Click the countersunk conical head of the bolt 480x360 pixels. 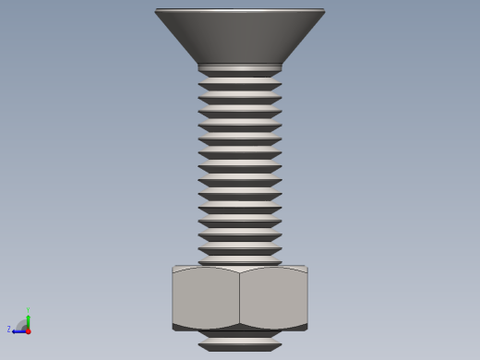pos(240,37)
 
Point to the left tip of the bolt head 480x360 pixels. pos(156,11)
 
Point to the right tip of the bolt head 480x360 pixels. pos(324,11)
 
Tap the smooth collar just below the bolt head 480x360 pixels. pos(240,68)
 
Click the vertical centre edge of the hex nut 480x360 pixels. pos(240,297)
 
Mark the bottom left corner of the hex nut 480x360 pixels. pos(174,328)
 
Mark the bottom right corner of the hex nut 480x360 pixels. pos(306,328)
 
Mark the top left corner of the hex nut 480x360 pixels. pos(174,268)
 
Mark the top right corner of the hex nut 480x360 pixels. pos(306,268)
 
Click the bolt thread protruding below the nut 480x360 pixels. pos(240,343)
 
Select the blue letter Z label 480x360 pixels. pos(9,330)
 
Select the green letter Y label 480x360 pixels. pos(28,309)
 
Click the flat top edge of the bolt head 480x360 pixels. pos(240,10)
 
